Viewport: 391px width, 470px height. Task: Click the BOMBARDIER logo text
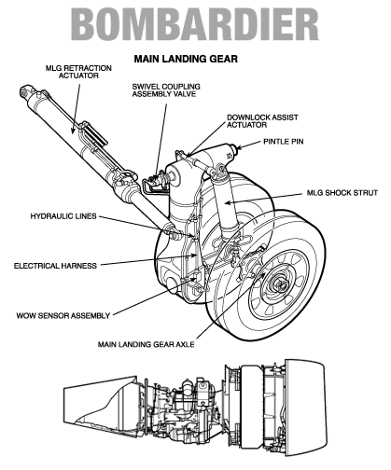tap(195, 24)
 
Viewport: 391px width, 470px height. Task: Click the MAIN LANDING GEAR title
tap(186, 59)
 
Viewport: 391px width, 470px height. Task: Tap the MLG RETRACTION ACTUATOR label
tap(78, 72)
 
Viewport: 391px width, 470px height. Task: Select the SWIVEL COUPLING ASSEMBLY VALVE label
tap(166, 90)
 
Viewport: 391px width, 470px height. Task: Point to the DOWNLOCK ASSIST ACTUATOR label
tap(262, 121)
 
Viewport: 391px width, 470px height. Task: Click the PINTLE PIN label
tap(284, 142)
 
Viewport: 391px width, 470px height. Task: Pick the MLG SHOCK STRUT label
tap(342, 193)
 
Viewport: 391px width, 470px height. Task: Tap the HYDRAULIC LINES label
tap(63, 216)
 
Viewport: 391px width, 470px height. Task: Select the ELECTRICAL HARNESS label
tap(55, 266)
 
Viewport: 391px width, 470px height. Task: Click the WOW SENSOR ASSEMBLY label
tap(63, 315)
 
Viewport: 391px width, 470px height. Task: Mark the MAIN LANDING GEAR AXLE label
tap(147, 344)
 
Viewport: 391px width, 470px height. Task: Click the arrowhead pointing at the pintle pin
tap(240, 147)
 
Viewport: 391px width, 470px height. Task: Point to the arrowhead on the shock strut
tap(228, 202)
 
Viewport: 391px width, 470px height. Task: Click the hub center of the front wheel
tap(281, 284)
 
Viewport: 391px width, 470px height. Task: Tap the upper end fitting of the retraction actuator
tap(27, 91)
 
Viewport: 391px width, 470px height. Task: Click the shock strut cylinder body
tap(227, 205)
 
